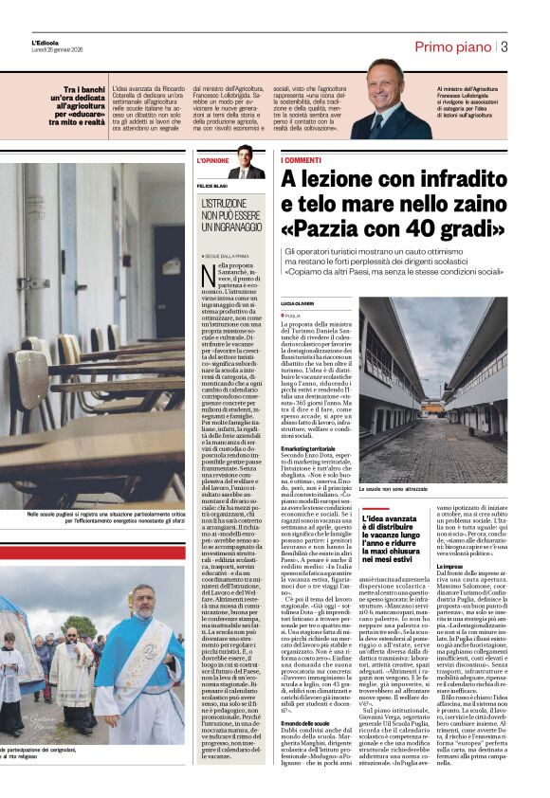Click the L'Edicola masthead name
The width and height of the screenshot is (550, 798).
tap(46, 42)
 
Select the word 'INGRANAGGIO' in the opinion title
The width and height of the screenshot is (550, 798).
tap(233, 227)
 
